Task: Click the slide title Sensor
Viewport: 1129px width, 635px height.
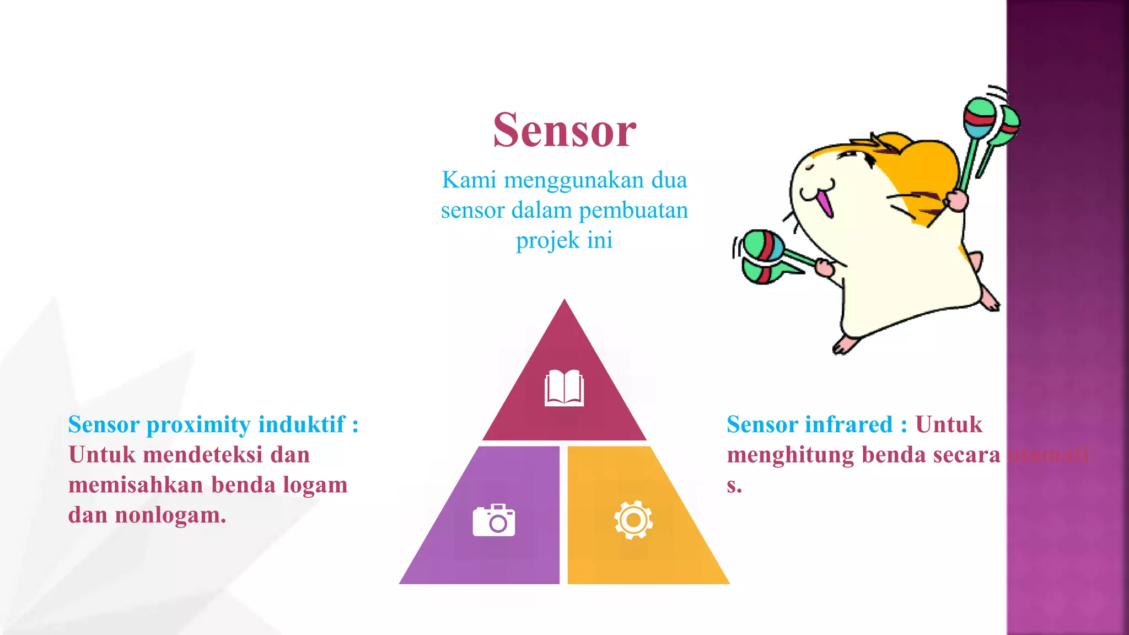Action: point(564,131)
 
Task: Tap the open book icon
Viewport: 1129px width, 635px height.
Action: point(564,388)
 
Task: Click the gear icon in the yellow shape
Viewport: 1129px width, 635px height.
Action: point(633,519)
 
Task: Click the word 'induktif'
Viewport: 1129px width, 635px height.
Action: point(302,424)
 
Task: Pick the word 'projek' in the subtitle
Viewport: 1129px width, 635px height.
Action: point(547,241)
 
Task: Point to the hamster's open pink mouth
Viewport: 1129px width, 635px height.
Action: point(824,202)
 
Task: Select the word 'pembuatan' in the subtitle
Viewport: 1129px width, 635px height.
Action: point(633,211)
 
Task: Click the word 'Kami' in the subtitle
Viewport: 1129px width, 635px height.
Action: point(469,180)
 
